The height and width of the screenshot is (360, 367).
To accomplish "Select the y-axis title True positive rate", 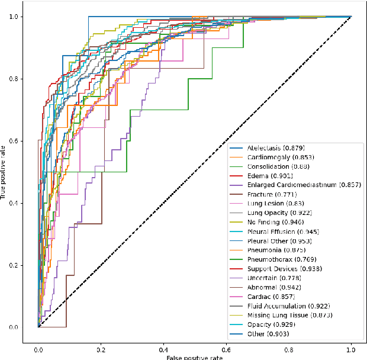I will point(4,172).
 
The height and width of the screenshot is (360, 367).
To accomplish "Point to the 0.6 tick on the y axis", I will point(13,141).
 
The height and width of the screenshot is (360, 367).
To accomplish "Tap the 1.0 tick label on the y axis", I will point(13,17).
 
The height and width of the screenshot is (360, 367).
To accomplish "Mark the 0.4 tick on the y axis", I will point(13,203).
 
